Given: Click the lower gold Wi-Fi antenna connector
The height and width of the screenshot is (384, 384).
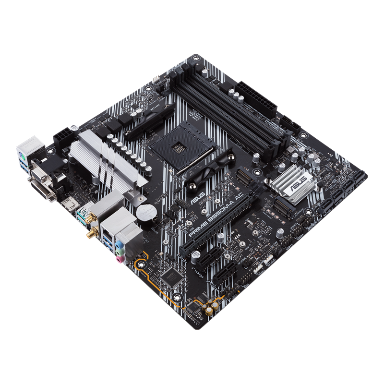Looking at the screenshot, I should (x=91, y=235).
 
